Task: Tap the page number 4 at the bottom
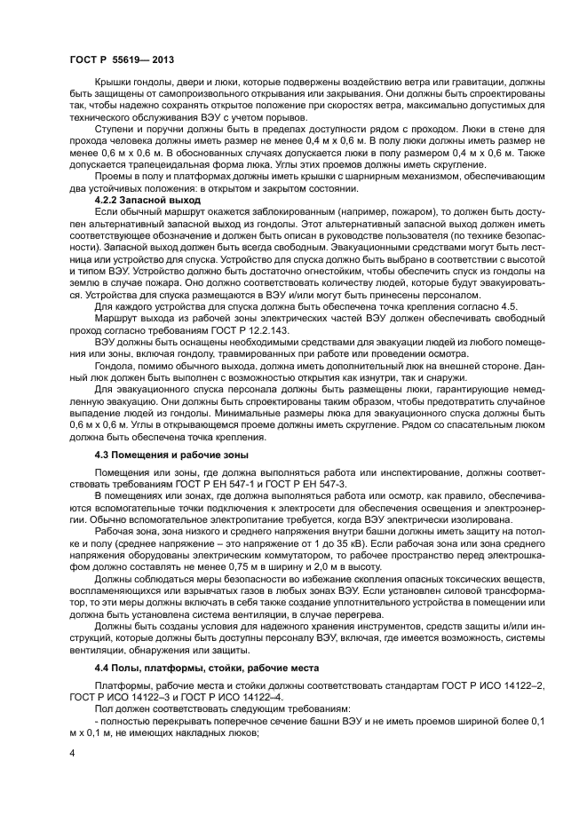click(71, 753)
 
